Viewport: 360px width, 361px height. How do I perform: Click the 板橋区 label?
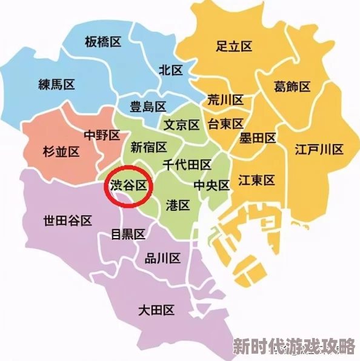pyautogui.click(x=103, y=42)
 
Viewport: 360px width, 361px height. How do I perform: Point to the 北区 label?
pyautogui.click(x=171, y=70)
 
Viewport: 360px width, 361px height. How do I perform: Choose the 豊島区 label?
pyautogui.click(x=148, y=107)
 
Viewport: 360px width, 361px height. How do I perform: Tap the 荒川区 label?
pyautogui.click(x=225, y=100)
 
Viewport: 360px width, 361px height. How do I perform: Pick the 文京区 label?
pyautogui.click(x=182, y=125)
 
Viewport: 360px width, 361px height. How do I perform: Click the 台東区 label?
pyautogui.click(x=225, y=124)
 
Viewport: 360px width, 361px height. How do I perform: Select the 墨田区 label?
pyautogui.click(x=258, y=139)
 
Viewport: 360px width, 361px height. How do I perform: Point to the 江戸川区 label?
pyautogui.click(x=319, y=149)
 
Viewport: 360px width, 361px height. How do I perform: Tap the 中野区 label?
pyautogui.click(x=102, y=136)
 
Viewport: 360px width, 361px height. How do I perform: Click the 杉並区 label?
pyautogui.click(x=62, y=151)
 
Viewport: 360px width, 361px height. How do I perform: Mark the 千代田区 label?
pyautogui.click(x=187, y=165)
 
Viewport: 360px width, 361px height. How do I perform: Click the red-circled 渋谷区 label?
pyautogui.click(x=128, y=185)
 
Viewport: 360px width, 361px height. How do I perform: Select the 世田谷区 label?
pyautogui.click(x=67, y=220)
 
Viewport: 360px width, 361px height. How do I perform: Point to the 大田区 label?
pyautogui.click(x=156, y=311)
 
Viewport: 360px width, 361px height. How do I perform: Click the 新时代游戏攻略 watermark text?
pyautogui.click(x=294, y=347)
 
